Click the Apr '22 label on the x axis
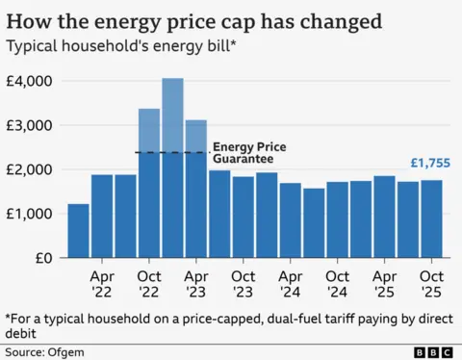[102, 280]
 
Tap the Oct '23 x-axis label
[243, 280]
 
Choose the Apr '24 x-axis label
[290, 280]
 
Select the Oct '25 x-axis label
[431, 280]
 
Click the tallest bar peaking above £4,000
[172, 168]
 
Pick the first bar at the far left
[78, 231]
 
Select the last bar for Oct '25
[431, 219]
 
